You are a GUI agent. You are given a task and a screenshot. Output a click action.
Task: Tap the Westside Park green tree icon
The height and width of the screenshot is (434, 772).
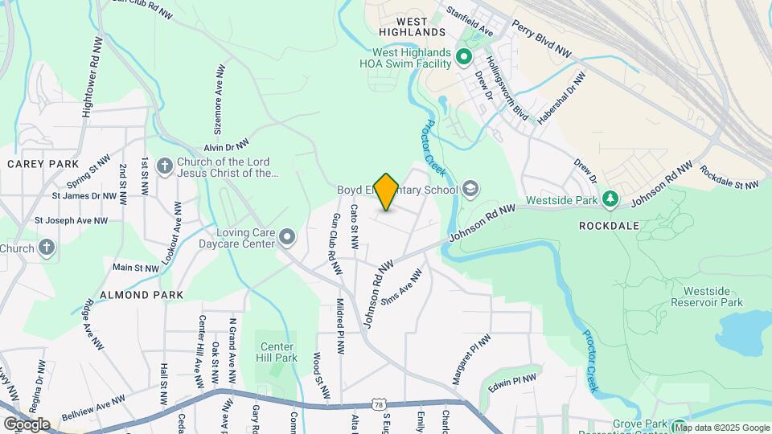[610, 198]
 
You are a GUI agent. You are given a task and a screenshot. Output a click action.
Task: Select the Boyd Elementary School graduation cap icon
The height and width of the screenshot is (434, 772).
[470, 190]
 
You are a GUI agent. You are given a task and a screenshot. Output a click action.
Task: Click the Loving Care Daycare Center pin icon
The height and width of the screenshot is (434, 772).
[287, 235]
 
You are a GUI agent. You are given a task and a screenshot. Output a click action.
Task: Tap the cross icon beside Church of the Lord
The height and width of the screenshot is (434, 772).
[164, 166]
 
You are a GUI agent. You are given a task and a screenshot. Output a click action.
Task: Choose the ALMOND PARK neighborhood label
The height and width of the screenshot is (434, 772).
[136, 295]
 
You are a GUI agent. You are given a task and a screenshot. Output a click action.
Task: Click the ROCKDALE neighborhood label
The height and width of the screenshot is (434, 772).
[609, 226]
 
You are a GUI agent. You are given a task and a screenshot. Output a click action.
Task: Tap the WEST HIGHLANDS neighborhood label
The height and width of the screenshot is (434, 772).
[409, 31]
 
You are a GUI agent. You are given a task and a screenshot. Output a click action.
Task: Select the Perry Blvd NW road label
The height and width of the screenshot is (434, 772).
[541, 39]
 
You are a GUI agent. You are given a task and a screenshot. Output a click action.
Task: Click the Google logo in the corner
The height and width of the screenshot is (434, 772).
[27, 424]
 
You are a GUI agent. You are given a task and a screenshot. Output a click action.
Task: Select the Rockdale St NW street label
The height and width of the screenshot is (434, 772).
[729, 177]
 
